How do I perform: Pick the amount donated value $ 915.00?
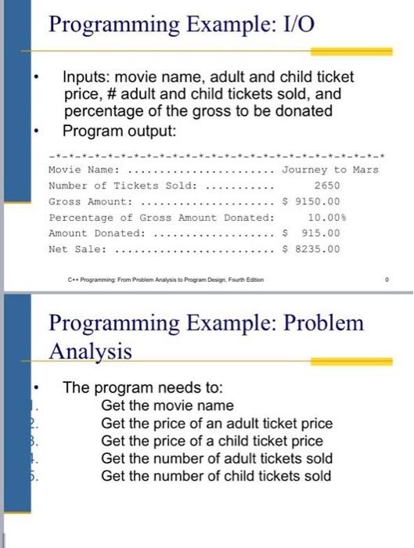click(x=311, y=233)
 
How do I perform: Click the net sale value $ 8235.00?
click(x=311, y=250)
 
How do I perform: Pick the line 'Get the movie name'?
click(x=167, y=406)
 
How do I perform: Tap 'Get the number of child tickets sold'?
click(x=216, y=476)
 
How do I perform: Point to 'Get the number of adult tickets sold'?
click(x=217, y=459)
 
